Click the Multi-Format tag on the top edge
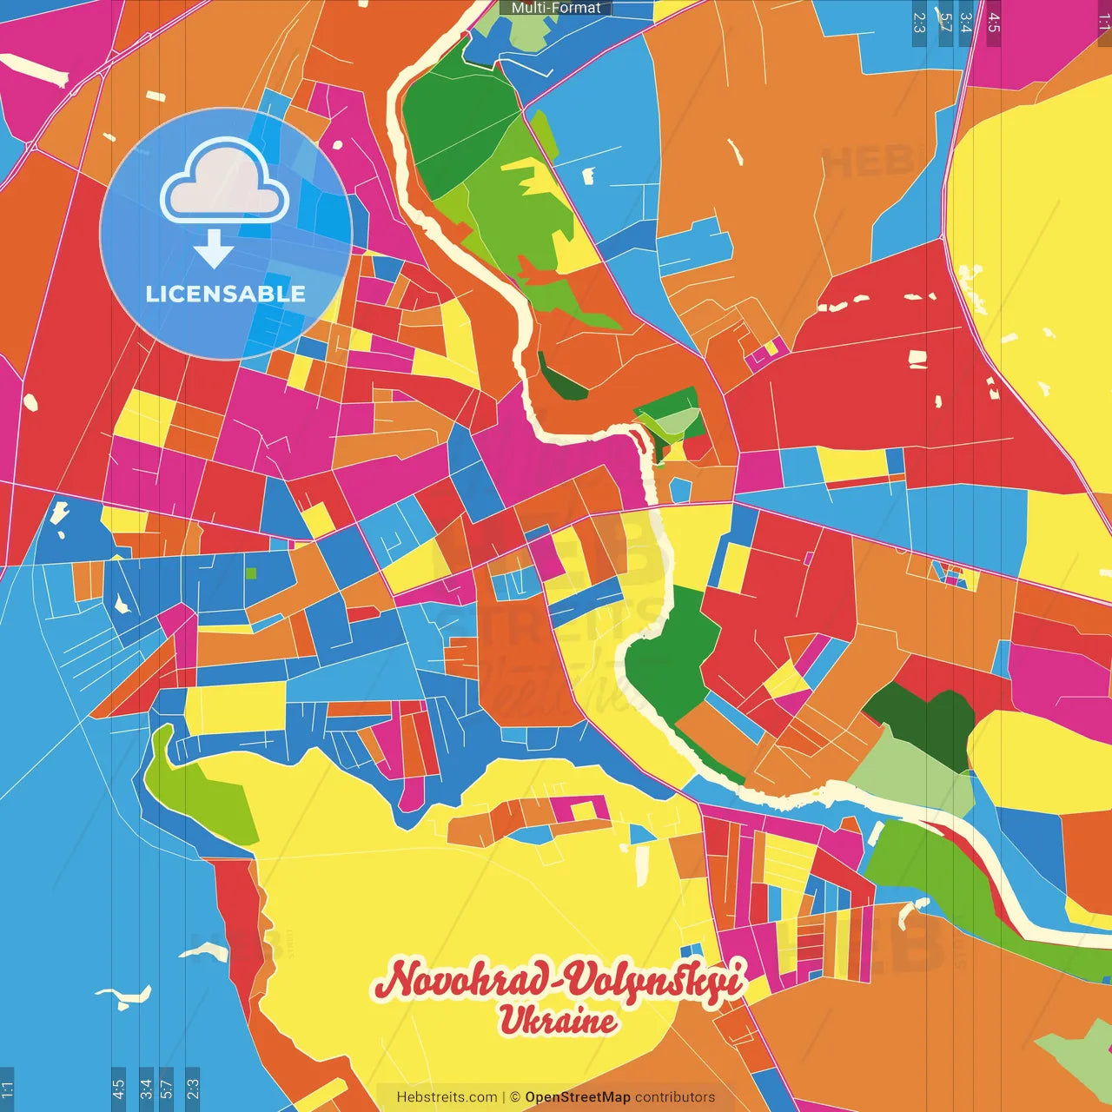coord(556,8)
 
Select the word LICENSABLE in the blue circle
coord(225,294)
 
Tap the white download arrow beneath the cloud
coord(214,250)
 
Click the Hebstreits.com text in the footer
coord(447,1097)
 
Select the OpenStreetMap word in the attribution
coord(577,1097)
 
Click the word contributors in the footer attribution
coord(675,1097)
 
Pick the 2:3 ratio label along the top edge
coord(919,23)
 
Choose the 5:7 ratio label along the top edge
coord(945,23)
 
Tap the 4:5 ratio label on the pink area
coord(994,23)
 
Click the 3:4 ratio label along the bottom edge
coord(146,1089)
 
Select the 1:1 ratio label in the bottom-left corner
coord(7,1089)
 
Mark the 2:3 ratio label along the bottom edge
coord(193,1089)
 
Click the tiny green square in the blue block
coord(251,573)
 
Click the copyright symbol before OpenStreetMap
coord(515,1097)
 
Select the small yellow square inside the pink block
coord(770,350)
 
